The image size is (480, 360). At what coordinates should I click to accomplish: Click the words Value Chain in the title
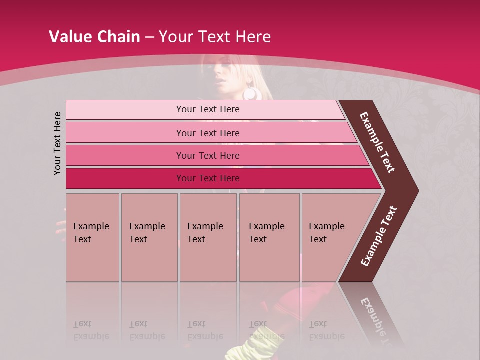click(94, 36)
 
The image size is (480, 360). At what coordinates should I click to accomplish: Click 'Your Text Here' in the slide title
click(215, 36)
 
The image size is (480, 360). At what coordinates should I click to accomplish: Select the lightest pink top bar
click(205, 109)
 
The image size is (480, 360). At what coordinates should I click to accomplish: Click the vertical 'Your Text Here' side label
click(57, 143)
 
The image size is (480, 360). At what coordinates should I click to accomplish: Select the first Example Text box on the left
click(92, 237)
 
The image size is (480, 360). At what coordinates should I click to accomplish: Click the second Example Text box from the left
click(149, 237)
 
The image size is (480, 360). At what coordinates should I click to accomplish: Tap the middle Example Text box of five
click(208, 237)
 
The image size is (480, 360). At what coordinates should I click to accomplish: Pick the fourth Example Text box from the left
click(269, 237)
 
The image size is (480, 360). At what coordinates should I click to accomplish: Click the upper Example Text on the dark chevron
click(377, 142)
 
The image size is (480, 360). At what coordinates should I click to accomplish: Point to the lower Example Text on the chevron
click(379, 236)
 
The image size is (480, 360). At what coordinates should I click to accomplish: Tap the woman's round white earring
click(249, 93)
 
